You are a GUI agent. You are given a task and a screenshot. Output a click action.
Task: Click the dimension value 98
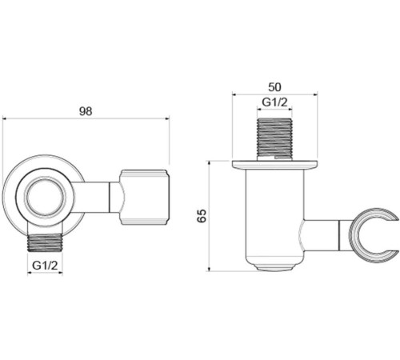coord(86,111)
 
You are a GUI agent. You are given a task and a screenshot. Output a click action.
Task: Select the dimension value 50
coord(275,85)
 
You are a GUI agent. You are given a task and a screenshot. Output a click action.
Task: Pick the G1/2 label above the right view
coord(275,102)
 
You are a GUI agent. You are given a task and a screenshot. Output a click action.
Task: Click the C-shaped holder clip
coord(374,235)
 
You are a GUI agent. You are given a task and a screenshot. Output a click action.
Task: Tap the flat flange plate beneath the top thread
coord(275,165)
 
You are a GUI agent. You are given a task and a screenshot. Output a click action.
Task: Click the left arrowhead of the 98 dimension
coord(6,119)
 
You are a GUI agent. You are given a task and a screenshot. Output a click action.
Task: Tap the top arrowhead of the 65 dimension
coord(210,164)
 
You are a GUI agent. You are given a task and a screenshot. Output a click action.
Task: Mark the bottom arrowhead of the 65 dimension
coord(210,267)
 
